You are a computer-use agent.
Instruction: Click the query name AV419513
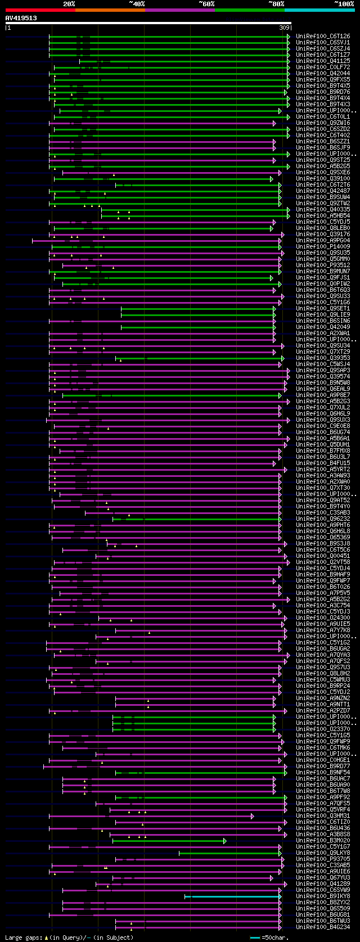click(21, 18)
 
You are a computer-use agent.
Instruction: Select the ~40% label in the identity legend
click(137, 3)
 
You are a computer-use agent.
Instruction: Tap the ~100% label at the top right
click(344, 3)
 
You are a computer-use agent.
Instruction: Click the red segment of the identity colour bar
click(40, 10)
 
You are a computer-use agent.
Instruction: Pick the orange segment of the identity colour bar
click(110, 10)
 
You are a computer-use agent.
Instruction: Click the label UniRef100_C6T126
click(323, 37)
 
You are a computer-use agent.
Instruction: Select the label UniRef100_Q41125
click(323, 61)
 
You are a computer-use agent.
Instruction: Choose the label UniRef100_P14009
click(323, 247)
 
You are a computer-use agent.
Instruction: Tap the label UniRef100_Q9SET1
click(323, 309)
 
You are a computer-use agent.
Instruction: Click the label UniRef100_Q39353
click(323, 358)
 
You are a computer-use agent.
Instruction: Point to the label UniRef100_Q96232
click(323, 519)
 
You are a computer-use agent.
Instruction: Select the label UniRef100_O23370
click(323, 729)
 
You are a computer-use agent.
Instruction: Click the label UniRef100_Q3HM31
click(323, 816)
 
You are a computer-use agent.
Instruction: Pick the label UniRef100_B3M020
click(323, 841)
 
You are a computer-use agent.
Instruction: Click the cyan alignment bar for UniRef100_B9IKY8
click(232, 896)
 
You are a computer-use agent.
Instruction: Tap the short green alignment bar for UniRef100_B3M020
click(169, 841)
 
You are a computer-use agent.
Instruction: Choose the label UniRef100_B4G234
click(323, 927)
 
